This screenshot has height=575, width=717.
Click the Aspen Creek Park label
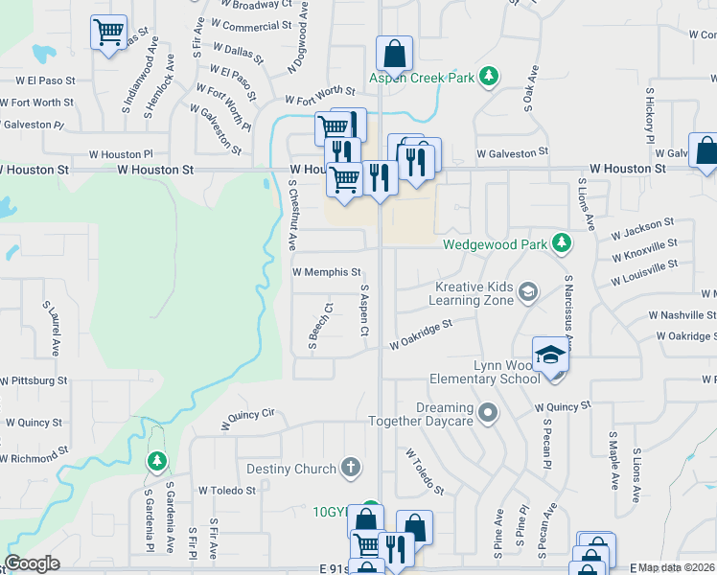coord(424,77)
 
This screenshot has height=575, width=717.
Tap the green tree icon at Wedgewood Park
coord(562,244)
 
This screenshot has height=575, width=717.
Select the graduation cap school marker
coord(551,355)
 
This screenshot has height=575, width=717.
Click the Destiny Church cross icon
coord(352,468)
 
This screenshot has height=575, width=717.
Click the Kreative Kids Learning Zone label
coord(474,292)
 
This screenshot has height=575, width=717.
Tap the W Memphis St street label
coord(326,272)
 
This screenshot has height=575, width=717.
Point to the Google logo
coord(33,563)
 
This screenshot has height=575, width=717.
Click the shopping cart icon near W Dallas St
coord(108,33)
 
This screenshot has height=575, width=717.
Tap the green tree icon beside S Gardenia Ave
coord(155,462)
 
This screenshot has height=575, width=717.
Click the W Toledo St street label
coord(227,490)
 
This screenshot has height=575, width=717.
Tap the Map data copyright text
coord(677,567)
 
